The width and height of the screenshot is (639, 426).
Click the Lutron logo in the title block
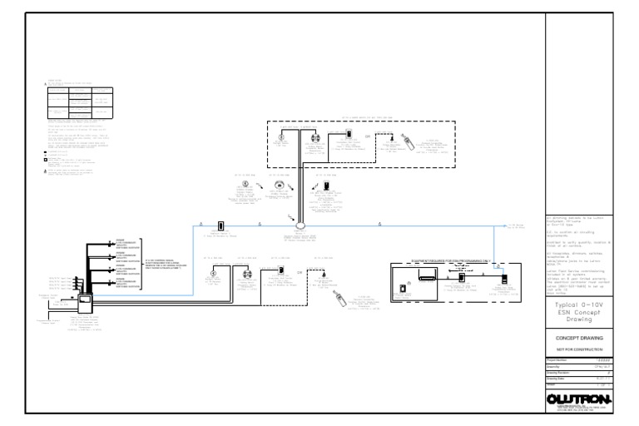click(x=579, y=400)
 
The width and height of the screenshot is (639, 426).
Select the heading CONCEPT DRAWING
click(x=580, y=339)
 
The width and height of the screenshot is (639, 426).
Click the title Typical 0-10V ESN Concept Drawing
click(x=579, y=312)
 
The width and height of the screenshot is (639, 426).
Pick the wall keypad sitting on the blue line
click(x=220, y=225)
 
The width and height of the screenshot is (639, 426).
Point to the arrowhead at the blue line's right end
click(x=509, y=225)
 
